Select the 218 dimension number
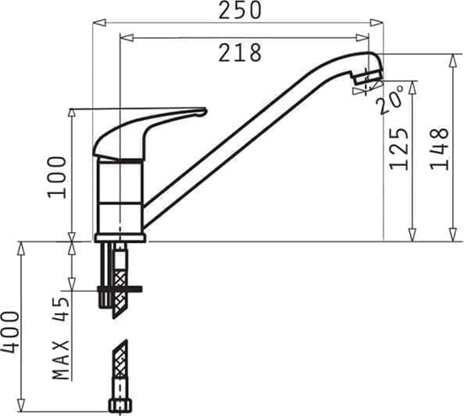pos(240,52)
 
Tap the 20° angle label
pos(390,101)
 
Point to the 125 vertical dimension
pos(399,148)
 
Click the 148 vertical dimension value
pos(439,148)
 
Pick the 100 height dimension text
pos(57,176)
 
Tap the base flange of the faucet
pos(117,237)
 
